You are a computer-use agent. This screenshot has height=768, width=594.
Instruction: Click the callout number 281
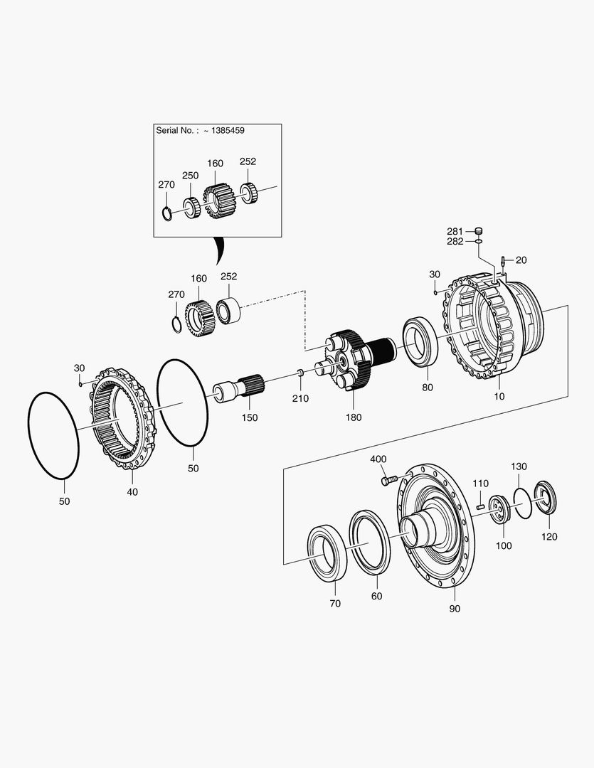[x=455, y=231]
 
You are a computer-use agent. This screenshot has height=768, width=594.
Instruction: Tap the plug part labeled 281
[x=479, y=230]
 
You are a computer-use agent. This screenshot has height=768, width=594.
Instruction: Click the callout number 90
[x=455, y=609]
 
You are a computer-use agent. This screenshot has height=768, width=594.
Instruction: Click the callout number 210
[x=300, y=398]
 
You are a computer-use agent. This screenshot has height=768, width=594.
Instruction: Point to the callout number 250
[x=190, y=175]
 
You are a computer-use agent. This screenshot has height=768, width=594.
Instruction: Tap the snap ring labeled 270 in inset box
[x=167, y=213]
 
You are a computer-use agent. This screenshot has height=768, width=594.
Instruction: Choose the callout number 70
[x=335, y=603]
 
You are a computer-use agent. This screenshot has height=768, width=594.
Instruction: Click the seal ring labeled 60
[x=370, y=539]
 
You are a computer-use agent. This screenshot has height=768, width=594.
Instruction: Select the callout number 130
[x=519, y=466]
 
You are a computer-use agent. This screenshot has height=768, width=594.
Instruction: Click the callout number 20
[x=521, y=260]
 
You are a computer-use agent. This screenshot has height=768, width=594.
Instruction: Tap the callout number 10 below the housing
[x=499, y=395]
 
